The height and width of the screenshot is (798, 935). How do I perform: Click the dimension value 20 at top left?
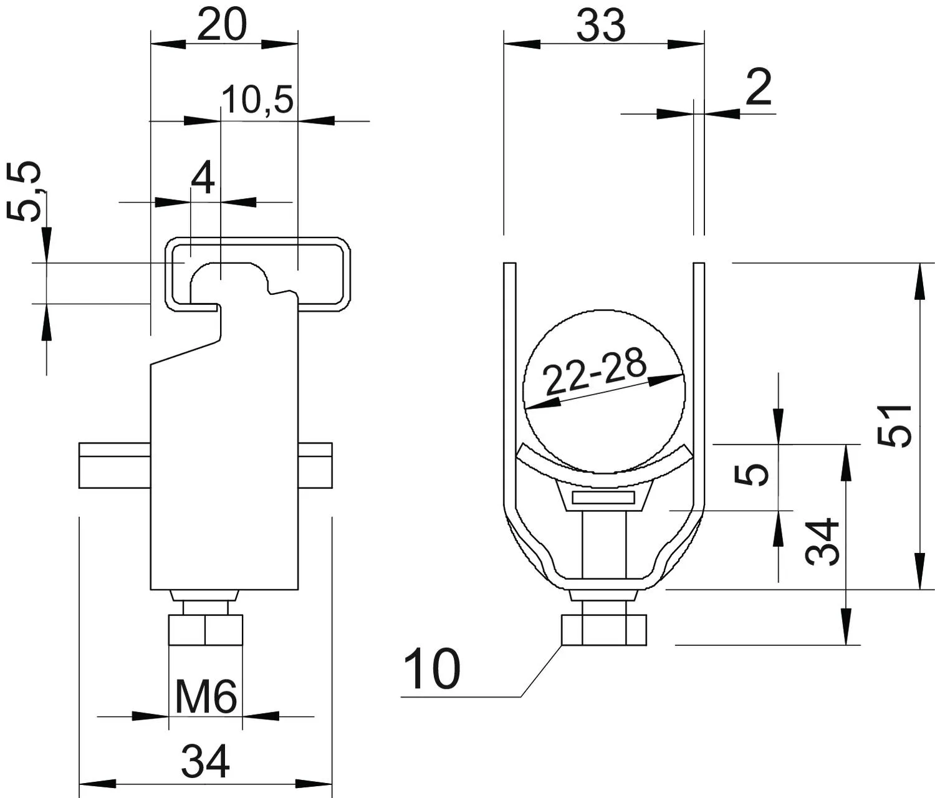222,25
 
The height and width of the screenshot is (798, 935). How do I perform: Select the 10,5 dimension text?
258,100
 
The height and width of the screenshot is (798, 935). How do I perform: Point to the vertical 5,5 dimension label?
25,192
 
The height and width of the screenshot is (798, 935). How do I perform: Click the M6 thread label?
206,698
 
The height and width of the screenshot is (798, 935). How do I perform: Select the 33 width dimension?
601,25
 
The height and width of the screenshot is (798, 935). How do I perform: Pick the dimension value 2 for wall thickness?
759,87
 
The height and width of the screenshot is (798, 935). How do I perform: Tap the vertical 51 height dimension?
894,426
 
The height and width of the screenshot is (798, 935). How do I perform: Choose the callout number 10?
432,668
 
